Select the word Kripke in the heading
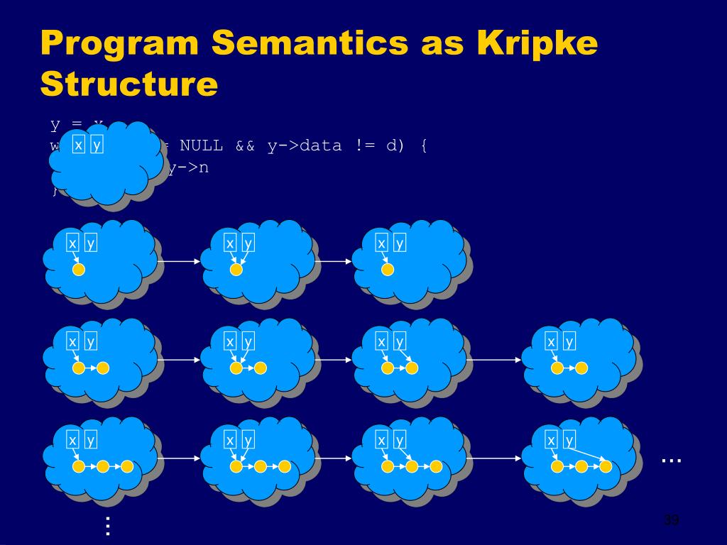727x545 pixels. (x=537, y=44)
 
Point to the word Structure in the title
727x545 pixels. (x=129, y=84)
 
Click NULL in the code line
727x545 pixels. (x=201, y=145)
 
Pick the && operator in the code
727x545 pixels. (x=245, y=145)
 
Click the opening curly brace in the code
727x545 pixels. (x=424, y=145)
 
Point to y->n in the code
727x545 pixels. (x=189, y=168)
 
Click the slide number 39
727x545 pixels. (x=671, y=520)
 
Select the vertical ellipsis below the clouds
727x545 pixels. (x=108, y=526)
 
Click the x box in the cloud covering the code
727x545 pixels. (x=78, y=145)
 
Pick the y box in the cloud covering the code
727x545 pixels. (x=97, y=145)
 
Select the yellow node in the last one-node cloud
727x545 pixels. (x=387, y=270)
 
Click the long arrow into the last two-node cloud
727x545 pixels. (x=493, y=360)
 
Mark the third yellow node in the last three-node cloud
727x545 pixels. (x=606, y=466)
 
